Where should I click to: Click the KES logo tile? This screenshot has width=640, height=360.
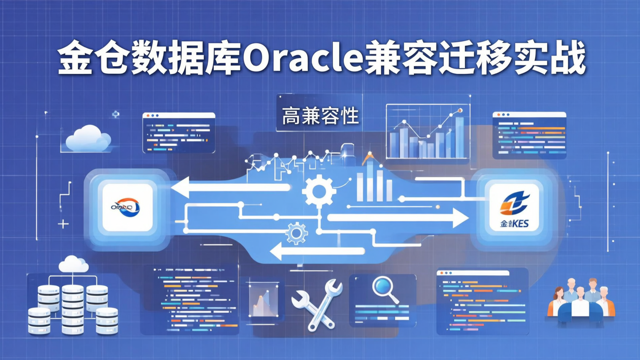point(514,207)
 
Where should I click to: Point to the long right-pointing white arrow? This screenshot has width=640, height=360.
point(398,218)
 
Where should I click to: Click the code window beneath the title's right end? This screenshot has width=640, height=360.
point(529,135)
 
